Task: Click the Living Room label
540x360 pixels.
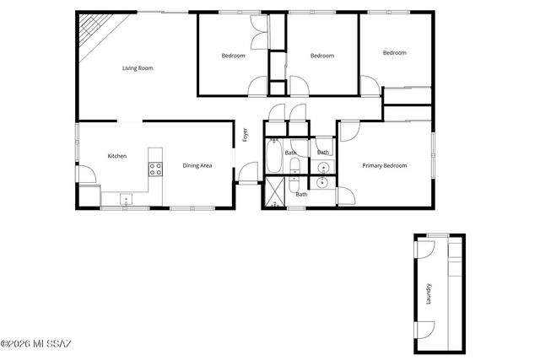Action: (x=138, y=68)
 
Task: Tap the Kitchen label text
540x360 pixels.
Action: (x=116, y=156)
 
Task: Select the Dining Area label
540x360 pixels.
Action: (x=197, y=165)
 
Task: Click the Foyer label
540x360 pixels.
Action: (x=245, y=135)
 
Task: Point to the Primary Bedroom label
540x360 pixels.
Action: (x=384, y=165)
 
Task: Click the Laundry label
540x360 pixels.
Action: (x=429, y=293)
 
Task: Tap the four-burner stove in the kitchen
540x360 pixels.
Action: (x=155, y=169)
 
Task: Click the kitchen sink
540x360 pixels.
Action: (x=125, y=199)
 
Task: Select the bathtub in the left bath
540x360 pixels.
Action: (x=274, y=157)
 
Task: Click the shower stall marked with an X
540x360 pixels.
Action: (x=274, y=192)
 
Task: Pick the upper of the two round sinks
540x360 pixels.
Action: (x=322, y=167)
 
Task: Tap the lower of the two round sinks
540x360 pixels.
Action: (x=322, y=181)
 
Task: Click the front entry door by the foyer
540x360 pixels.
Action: (x=247, y=174)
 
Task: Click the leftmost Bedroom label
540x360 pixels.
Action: (x=233, y=56)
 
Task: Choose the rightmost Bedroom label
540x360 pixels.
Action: (x=394, y=53)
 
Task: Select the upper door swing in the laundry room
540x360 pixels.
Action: (x=424, y=250)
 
